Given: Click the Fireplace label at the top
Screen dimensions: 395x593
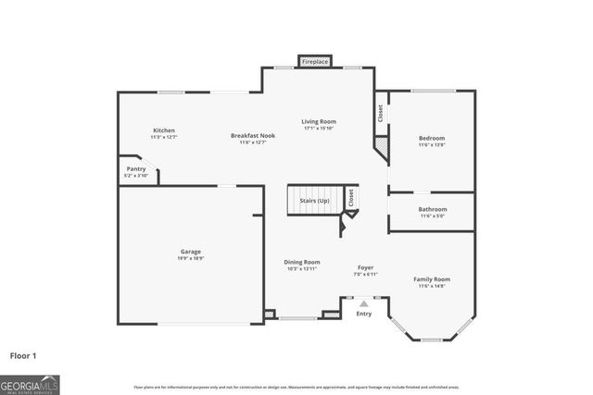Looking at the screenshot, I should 315,62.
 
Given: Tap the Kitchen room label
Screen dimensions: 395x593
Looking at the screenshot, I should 164,130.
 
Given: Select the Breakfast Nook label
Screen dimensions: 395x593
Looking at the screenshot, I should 253,136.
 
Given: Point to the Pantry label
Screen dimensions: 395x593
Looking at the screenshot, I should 136,169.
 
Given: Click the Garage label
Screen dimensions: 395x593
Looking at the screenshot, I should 191,252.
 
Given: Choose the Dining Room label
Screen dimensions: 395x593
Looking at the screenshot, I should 301,262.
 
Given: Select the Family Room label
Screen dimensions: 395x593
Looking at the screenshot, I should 432,279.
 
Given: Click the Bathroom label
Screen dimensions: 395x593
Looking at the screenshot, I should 432,209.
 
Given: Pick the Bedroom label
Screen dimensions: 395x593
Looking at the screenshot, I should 432,139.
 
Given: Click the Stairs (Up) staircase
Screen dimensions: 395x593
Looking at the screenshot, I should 312,201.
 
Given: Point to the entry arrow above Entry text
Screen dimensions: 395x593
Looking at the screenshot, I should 364,302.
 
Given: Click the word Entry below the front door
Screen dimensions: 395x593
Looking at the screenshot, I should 364,314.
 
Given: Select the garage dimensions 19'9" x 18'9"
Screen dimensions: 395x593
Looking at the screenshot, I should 191,258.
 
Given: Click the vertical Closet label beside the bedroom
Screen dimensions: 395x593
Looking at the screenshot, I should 380,113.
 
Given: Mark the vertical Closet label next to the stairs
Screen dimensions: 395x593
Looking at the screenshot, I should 350,197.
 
